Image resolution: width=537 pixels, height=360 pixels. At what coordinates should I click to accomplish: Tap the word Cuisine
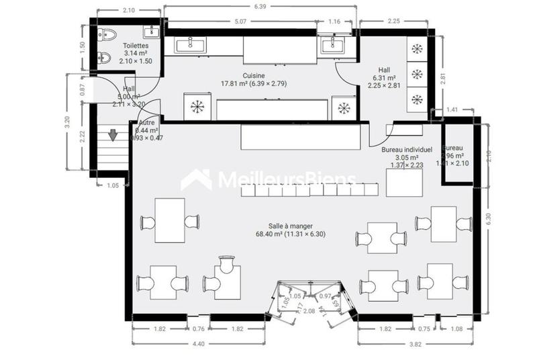254,76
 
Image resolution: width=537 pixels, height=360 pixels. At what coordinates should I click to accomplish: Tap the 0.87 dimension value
83,88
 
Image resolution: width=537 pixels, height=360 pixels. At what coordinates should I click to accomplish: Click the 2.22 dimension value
83,137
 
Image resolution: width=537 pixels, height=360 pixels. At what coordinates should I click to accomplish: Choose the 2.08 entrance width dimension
309,311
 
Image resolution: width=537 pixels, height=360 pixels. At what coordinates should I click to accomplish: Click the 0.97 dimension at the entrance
326,296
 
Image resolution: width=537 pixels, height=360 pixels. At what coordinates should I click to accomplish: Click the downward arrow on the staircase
113,135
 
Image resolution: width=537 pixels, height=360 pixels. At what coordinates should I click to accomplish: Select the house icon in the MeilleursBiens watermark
196,180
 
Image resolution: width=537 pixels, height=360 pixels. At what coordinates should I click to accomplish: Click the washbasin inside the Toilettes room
152,31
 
